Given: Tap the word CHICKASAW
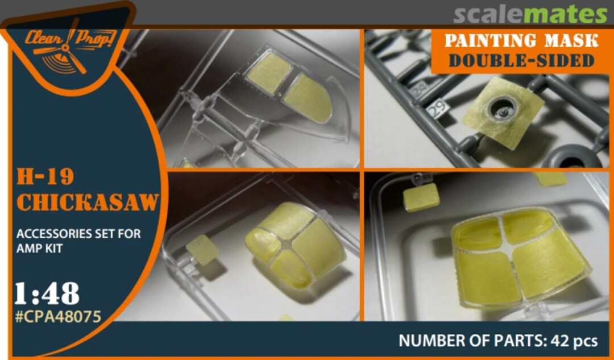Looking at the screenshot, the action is click(x=88, y=202).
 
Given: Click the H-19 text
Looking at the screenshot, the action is click(x=45, y=177).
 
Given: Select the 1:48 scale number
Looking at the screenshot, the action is click(x=47, y=294).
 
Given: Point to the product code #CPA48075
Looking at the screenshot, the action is click(x=58, y=317).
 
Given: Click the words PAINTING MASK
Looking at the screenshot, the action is click(x=521, y=41).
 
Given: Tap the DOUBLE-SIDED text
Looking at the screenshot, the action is click(x=521, y=61).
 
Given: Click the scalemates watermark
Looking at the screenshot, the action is click(x=530, y=15).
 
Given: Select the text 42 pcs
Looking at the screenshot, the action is click(x=574, y=341).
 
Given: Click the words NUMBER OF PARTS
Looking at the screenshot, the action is click(x=472, y=341).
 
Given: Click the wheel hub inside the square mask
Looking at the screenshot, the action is click(x=503, y=107).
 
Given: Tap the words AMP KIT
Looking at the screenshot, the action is click(x=39, y=249).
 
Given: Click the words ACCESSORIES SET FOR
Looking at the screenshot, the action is click(x=78, y=234).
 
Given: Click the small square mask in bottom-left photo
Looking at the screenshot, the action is click(x=203, y=250).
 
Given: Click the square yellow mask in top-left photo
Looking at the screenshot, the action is click(x=269, y=72).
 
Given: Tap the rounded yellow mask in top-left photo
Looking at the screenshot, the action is click(x=308, y=99).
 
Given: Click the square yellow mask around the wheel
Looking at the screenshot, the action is click(x=503, y=113).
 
